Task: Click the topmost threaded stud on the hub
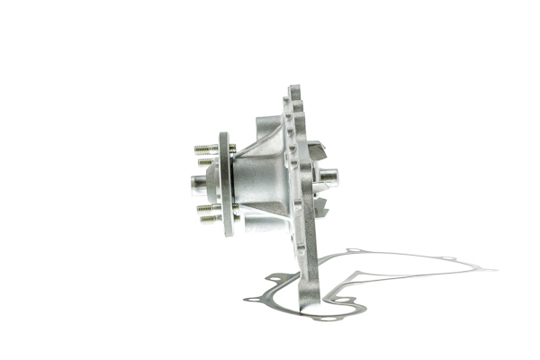206,148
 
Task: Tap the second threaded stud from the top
207,162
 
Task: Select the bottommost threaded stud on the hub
209,219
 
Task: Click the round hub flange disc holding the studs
226,184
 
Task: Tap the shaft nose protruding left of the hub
198,183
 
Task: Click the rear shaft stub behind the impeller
328,176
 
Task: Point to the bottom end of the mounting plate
310,310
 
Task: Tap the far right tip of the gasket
493,269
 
